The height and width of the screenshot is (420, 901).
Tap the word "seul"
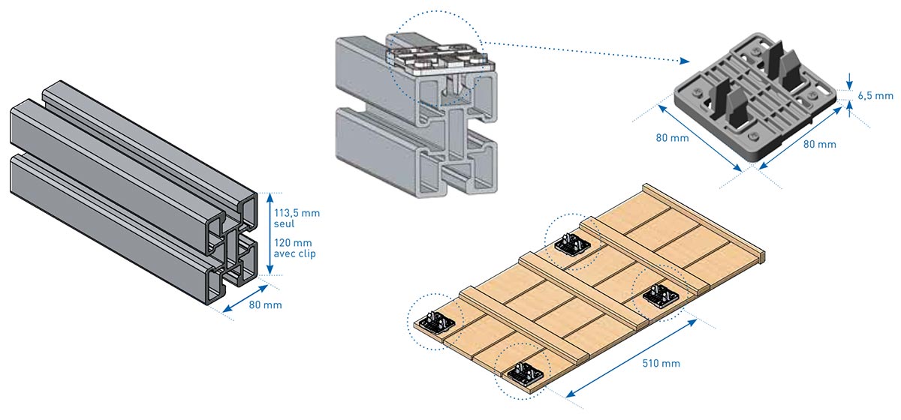(285, 224)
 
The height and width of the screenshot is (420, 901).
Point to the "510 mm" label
(661, 364)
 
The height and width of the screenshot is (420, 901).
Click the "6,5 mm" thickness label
(875, 95)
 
